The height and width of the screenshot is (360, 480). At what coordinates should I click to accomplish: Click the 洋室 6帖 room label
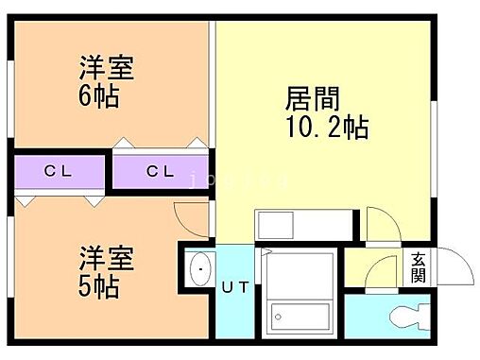pyautogui.click(x=106, y=82)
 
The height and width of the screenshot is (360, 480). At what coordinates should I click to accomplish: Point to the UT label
pyautogui.click(x=236, y=288)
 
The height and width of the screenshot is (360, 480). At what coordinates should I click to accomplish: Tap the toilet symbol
pyautogui.click(x=401, y=316)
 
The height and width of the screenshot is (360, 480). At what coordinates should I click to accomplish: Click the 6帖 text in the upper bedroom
pyautogui.click(x=99, y=96)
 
